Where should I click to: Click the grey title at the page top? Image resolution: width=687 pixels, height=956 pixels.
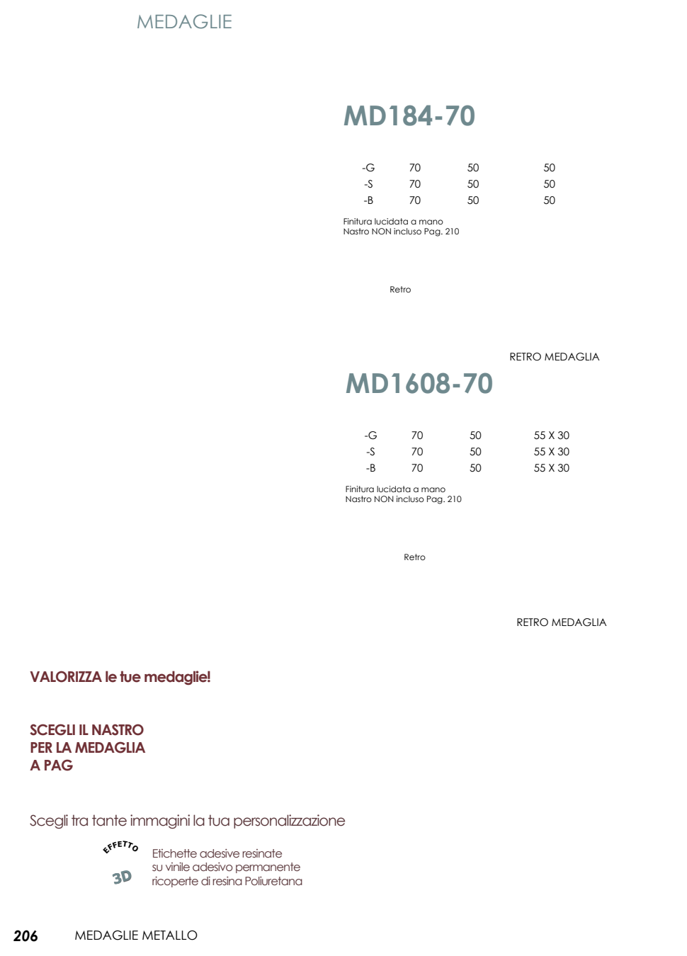(x=184, y=21)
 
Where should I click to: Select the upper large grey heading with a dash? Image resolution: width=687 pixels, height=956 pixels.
(x=409, y=115)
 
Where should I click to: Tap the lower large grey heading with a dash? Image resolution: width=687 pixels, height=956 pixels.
(x=419, y=383)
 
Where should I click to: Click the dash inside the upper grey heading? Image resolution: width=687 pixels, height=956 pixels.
(x=438, y=118)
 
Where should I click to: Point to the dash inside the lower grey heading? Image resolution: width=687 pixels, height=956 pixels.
(x=456, y=385)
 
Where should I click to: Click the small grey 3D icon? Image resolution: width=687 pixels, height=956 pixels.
(x=122, y=877)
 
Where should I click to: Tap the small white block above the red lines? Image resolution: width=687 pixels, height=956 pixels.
(x=68, y=707)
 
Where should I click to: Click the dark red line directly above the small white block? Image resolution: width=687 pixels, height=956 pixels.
(x=120, y=677)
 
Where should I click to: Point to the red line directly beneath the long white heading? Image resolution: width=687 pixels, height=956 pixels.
(x=187, y=821)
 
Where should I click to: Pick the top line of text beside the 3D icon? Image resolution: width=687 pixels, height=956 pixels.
(x=217, y=853)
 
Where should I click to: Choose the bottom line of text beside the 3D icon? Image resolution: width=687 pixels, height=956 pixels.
(x=227, y=882)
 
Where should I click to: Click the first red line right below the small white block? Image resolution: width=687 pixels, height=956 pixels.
(x=86, y=729)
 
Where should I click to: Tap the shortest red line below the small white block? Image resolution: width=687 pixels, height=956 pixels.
(x=51, y=765)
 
